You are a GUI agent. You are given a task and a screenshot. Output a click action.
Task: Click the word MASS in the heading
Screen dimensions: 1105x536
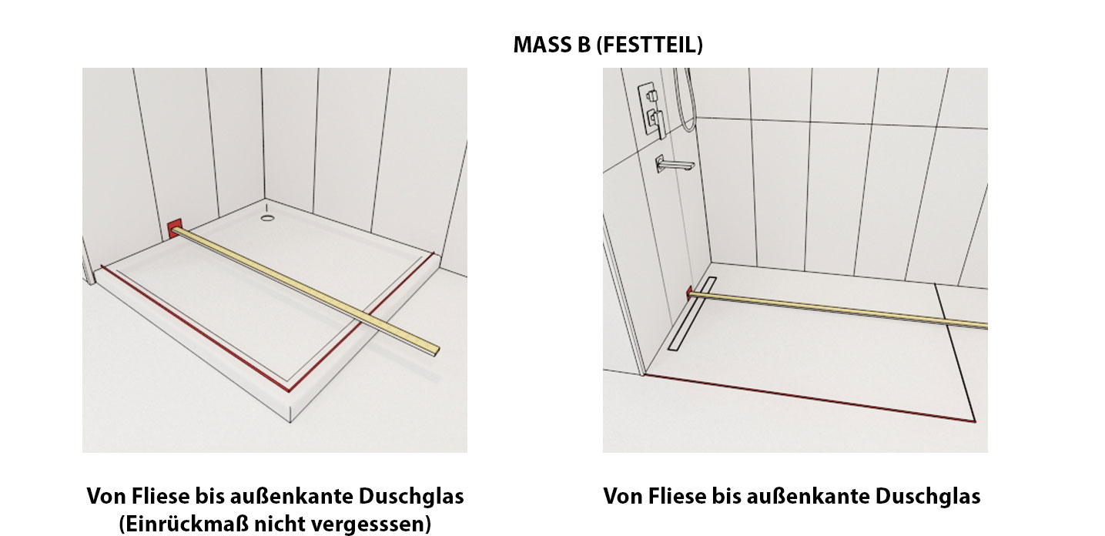coord(541,45)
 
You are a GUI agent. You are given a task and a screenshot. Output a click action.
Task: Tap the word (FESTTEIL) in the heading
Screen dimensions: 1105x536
coord(650,45)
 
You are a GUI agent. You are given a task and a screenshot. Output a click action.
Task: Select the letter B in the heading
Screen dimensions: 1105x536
coord(583,45)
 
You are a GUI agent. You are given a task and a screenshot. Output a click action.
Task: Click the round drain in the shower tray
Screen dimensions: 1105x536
coord(267,218)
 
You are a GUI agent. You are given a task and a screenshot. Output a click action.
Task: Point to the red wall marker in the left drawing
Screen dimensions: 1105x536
coord(174,230)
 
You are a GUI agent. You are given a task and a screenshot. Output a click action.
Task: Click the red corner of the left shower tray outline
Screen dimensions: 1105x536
coord(289,390)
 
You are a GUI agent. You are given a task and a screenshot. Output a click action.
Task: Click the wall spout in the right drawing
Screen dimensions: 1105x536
coord(673,163)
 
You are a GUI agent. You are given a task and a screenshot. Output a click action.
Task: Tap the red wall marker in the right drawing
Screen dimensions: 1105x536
coord(689,293)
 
